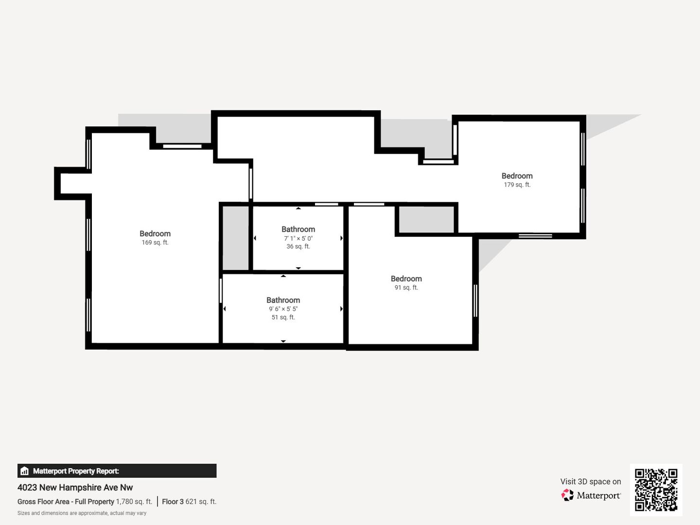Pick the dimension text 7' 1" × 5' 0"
(x=298, y=238)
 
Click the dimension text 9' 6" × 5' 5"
(x=283, y=309)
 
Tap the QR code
(x=656, y=490)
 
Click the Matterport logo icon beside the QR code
(x=567, y=495)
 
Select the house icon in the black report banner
(x=25, y=471)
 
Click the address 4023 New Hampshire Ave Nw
(x=75, y=488)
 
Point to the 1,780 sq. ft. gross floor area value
(x=134, y=501)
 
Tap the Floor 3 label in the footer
(x=173, y=501)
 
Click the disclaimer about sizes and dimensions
(x=82, y=513)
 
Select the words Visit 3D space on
(x=591, y=481)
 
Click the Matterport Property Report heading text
(x=76, y=471)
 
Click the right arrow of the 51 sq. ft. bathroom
(x=341, y=309)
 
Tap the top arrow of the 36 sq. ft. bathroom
(x=298, y=208)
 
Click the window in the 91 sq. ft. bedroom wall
(x=475, y=300)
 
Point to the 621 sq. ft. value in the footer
(x=201, y=501)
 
